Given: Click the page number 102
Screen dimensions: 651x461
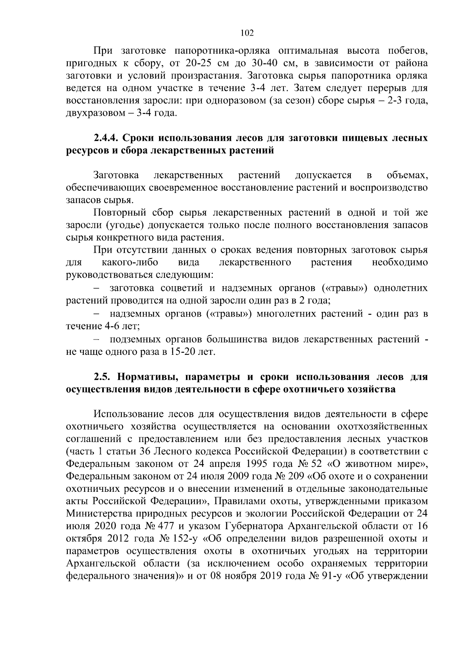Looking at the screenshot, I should coord(247,33).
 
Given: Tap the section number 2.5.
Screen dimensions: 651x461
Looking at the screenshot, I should coord(102,377).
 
